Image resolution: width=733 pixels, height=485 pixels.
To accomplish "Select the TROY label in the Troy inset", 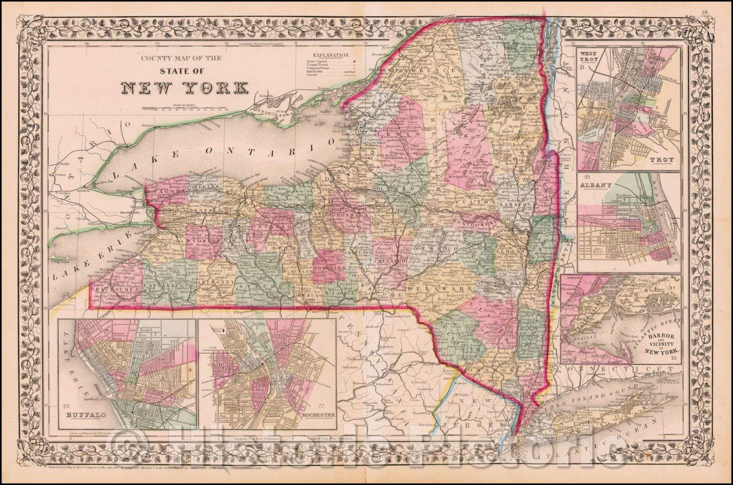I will coord(663,161).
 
